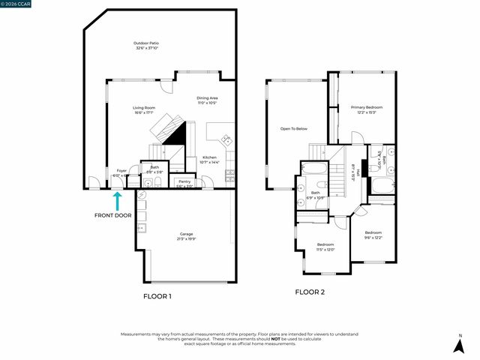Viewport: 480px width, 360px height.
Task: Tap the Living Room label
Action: pos(143,110)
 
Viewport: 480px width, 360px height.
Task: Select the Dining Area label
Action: pos(208,100)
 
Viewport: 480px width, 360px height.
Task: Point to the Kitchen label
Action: pos(209,160)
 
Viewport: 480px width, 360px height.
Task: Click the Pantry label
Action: pos(184,184)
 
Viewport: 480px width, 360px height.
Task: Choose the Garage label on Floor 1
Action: pos(186,236)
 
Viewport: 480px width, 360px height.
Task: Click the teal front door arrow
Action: pos(117,200)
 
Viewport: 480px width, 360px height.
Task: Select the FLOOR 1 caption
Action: pos(157,296)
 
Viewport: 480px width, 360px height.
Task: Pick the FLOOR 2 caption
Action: pos(309,292)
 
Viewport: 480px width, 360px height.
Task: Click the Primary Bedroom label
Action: pos(367,109)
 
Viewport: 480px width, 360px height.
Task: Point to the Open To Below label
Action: pos(294,129)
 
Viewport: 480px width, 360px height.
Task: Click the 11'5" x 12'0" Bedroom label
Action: pos(325,247)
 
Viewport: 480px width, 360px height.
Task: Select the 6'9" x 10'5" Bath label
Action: pos(316,195)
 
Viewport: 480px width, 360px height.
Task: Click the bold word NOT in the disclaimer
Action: pos(276,338)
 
